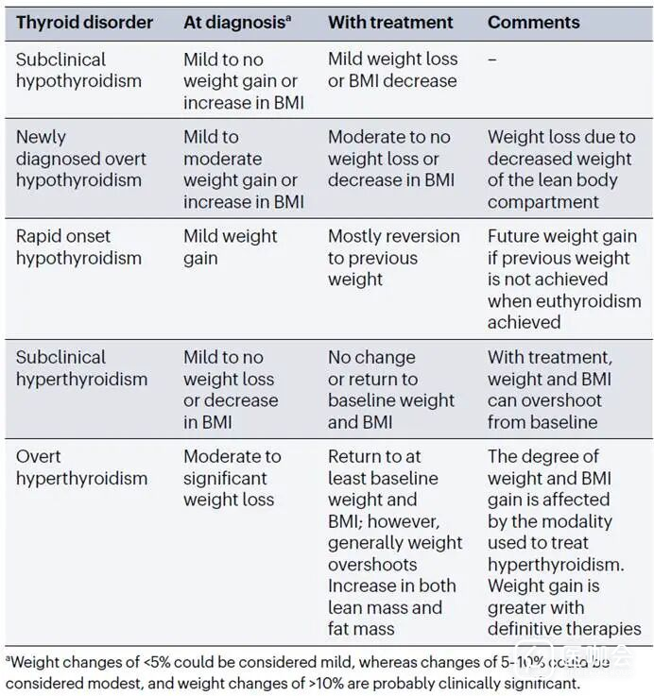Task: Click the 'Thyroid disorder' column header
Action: pos(84,22)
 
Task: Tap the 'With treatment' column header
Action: pos(390,22)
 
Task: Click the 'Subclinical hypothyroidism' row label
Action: pos(78,70)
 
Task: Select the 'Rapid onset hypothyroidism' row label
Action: pos(78,247)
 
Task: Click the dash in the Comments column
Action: pos(493,59)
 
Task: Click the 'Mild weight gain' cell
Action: pos(231,247)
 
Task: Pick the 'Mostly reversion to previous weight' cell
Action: pos(393,258)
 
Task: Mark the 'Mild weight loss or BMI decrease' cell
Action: pos(393,70)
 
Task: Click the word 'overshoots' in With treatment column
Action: pos(372,565)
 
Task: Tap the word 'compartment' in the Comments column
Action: pos(543,202)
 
